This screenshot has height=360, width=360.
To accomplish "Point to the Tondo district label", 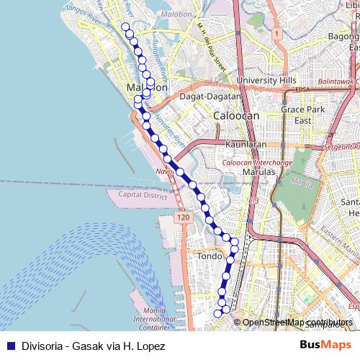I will [x=210, y=256].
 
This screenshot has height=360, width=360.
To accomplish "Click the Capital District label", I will [x=143, y=195].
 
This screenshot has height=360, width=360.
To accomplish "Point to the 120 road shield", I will [x=183, y=217].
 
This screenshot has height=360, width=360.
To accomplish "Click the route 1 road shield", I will [x=276, y=33].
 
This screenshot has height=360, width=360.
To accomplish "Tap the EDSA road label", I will [x=302, y=89].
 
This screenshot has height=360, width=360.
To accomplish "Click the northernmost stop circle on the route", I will [x=125, y=27].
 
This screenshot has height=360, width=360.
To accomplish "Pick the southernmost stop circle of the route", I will [x=218, y=313].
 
